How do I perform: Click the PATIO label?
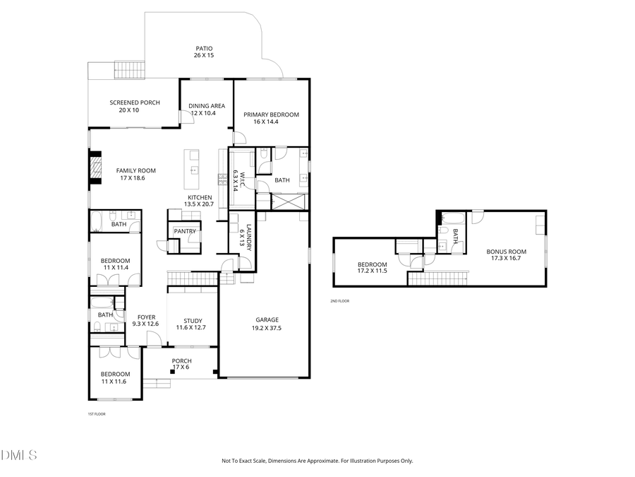(x=204, y=49)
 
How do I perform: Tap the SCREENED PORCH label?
(x=134, y=102)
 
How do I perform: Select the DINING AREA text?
(x=207, y=106)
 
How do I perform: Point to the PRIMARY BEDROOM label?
(x=271, y=114)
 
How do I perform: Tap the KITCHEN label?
(x=199, y=197)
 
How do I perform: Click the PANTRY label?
(x=184, y=231)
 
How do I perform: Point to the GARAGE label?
(x=267, y=319)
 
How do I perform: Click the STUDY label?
(x=193, y=320)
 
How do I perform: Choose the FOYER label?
(x=146, y=317)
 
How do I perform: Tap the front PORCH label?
(x=181, y=360)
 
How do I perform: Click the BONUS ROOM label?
(x=506, y=252)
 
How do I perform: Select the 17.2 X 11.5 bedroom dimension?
(x=372, y=271)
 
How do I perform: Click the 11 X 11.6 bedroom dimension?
(x=114, y=381)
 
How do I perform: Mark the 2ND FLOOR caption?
(x=339, y=301)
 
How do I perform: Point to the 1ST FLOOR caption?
(x=96, y=414)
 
